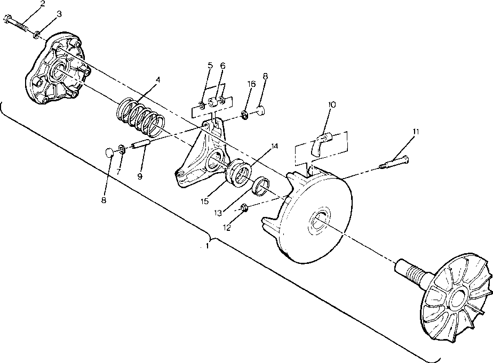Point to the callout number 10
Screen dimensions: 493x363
click(x=332, y=105)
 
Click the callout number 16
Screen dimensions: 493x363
click(x=252, y=85)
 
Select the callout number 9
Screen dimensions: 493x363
click(x=140, y=176)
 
